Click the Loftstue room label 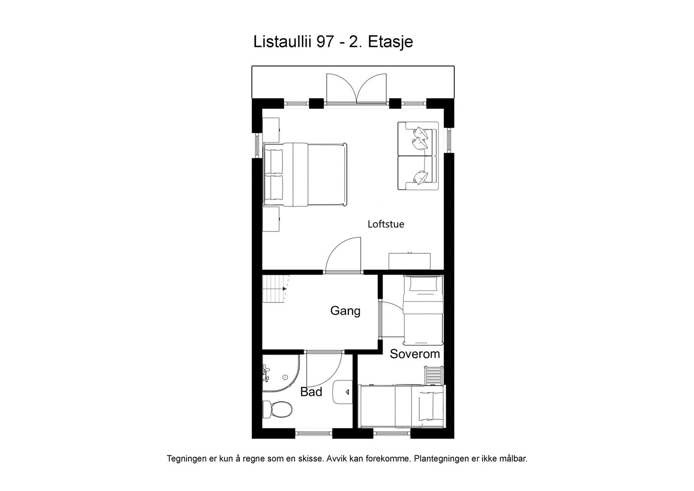[x=386, y=224]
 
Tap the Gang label [x=345, y=311]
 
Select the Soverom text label [x=415, y=354]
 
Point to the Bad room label [x=311, y=392]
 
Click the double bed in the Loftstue [x=305, y=174]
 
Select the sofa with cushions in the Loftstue [x=418, y=156]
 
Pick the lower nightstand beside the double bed [x=272, y=219]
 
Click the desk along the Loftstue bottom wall [x=409, y=261]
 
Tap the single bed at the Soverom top [x=422, y=307]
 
